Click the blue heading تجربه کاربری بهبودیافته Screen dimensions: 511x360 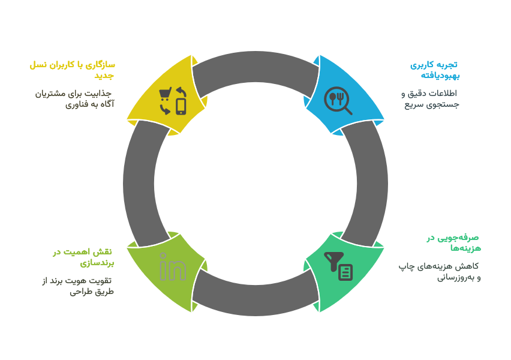point(435,70)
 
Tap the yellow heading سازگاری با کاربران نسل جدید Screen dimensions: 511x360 point(72,70)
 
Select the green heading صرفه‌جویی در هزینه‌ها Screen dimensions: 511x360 point(454,242)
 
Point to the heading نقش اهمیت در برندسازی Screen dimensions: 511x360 point(83,257)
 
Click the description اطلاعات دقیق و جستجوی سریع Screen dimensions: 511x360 point(430,99)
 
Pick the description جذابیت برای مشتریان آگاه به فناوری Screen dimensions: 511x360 point(74,99)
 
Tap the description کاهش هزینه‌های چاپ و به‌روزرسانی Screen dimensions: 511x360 point(439,272)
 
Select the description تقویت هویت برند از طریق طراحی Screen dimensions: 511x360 point(78,286)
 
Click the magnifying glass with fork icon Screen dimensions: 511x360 point(338,100)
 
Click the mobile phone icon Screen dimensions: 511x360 point(181,107)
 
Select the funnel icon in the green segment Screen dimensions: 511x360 point(333,261)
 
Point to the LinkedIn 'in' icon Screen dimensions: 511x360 point(173,266)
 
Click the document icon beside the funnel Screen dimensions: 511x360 point(345,272)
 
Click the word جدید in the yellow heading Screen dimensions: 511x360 point(104,76)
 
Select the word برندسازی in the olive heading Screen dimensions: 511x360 point(97,263)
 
